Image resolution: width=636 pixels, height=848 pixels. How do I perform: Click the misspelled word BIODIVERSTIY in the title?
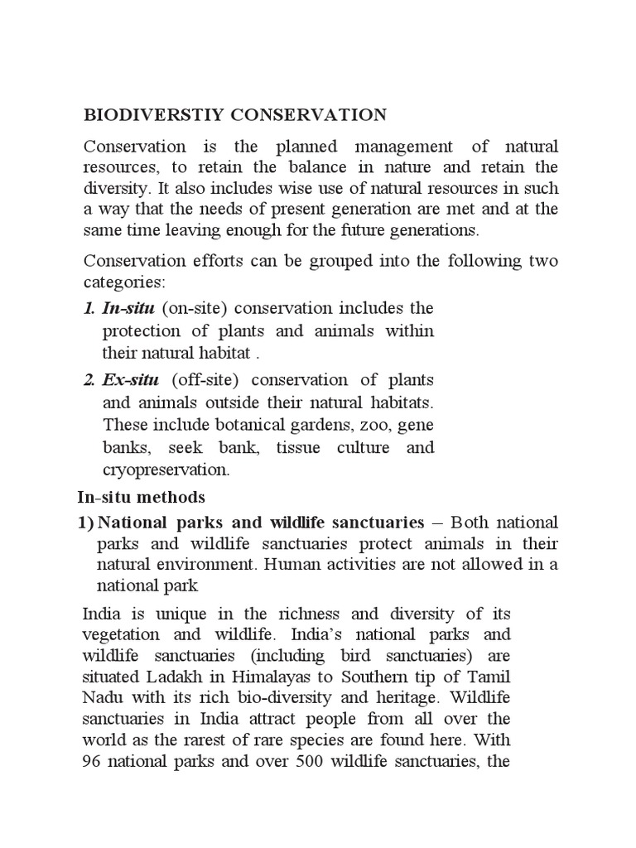157,114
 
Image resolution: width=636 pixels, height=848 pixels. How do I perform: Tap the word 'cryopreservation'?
166,470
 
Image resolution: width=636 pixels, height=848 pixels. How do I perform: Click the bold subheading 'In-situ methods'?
140,498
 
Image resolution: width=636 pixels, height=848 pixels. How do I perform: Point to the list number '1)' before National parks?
85,523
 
